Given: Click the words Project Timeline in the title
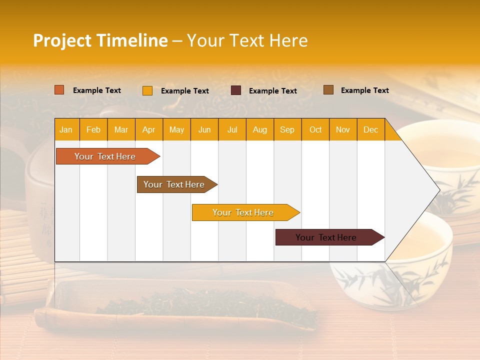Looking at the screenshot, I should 100,40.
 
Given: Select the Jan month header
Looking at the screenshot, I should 66,129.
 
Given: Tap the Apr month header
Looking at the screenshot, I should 148,129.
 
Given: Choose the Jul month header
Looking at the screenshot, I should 232,129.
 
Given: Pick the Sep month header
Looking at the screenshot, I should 287,129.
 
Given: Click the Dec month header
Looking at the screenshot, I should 370,129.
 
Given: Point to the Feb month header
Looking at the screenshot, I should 93,129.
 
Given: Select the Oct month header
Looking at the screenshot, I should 315,129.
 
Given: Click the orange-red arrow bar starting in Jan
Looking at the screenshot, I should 105,156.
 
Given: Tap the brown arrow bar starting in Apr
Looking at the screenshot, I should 174,184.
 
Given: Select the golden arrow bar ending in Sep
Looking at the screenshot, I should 243,212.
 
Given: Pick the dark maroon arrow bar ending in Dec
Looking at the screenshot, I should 326,237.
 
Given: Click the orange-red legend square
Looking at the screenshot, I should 59,90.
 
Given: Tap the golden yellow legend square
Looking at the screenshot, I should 147,90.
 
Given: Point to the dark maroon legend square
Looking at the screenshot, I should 235,90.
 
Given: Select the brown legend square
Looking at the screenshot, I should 328,90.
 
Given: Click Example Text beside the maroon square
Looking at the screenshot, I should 272,91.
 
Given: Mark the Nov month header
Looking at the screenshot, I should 343,129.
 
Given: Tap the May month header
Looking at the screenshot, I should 176,129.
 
